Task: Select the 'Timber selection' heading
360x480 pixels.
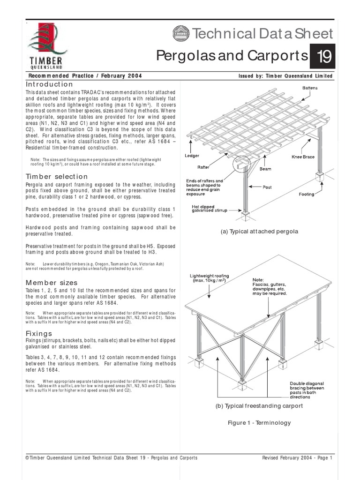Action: [x=57, y=176]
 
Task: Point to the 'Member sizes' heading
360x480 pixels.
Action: [x=52, y=283]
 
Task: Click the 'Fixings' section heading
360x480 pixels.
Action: [x=38, y=333]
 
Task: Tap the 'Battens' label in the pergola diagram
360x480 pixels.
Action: [x=311, y=88]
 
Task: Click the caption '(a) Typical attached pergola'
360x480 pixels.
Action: [x=259, y=232]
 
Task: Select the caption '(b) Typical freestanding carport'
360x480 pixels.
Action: [x=259, y=405]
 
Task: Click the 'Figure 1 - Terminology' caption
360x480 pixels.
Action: [x=259, y=423]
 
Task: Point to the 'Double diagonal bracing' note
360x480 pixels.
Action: [x=306, y=390]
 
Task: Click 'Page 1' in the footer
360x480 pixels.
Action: [x=323, y=458]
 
